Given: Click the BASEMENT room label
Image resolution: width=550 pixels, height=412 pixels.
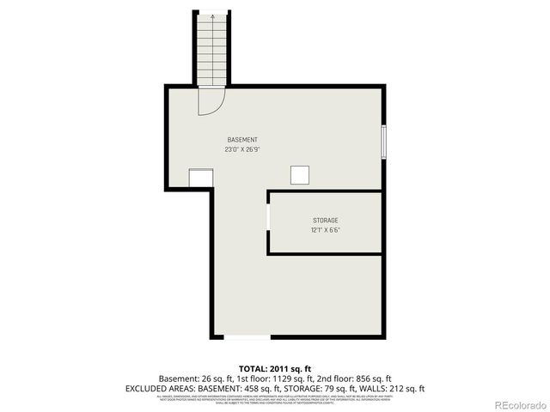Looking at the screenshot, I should pyautogui.click(x=242, y=139).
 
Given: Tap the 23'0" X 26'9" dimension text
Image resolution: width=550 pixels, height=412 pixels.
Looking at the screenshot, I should pyautogui.click(x=242, y=148).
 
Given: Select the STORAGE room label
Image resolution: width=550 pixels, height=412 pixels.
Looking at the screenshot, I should pyautogui.click(x=325, y=221).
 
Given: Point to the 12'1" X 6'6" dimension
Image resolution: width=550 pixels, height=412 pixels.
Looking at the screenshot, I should pyautogui.click(x=325, y=230).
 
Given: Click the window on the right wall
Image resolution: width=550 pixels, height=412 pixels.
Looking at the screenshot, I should pyautogui.click(x=384, y=142).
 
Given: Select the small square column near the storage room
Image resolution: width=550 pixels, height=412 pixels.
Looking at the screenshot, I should pyautogui.click(x=300, y=174).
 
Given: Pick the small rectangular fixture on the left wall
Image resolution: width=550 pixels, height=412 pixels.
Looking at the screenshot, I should pyautogui.click(x=201, y=177).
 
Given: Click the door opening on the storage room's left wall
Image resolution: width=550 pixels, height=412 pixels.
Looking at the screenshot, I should pyautogui.click(x=269, y=217).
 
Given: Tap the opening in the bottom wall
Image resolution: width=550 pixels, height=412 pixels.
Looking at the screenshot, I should pyautogui.click(x=247, y=336).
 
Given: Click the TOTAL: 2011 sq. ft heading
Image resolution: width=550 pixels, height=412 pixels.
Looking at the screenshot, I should pyautogui.click(x=274, y=368).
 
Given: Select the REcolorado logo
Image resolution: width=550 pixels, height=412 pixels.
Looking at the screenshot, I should pyautogui.click(x=520, y=405).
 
